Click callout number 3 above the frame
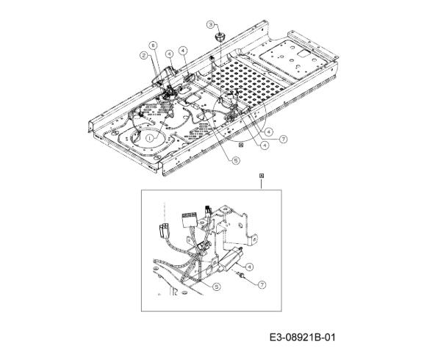coord(211,24)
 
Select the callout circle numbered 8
coord(154,46)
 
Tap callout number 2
coord(144,56)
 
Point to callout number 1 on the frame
coord(149,138)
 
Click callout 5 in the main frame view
coord(236,161)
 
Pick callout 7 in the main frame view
coord(283,139)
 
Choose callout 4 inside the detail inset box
coord(249,267)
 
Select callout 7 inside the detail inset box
coord(262,284)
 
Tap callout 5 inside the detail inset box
coord(217,287)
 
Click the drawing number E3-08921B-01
coord(302,337)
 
